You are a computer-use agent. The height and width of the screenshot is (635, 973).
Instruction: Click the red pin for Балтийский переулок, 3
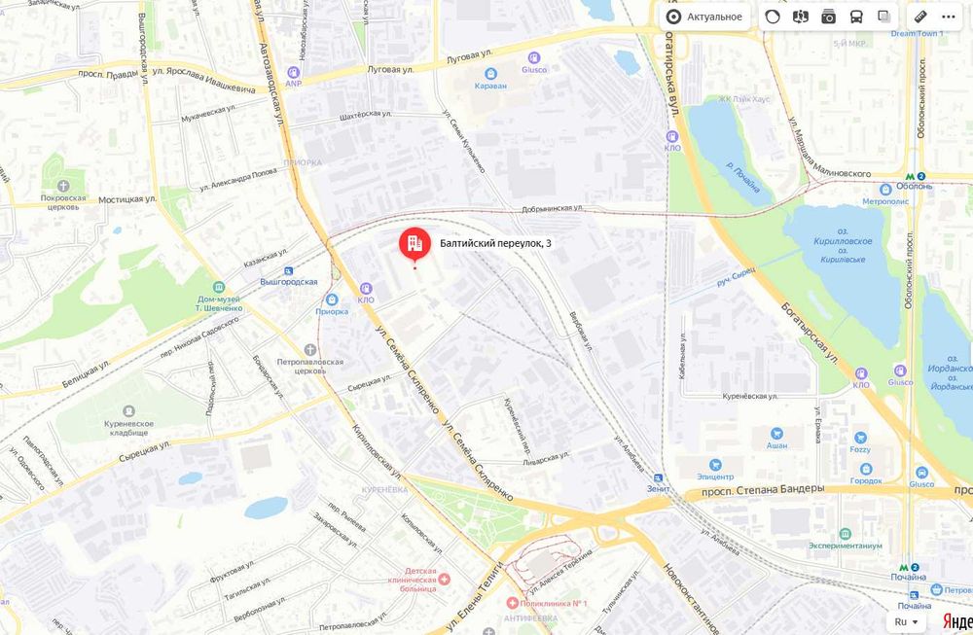click(414, 243)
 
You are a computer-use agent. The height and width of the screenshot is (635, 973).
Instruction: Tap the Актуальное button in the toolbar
click(704, 17)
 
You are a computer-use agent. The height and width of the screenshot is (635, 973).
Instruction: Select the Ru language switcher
click(906, 621)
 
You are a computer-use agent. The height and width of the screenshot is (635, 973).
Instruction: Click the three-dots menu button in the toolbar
click(948, 17)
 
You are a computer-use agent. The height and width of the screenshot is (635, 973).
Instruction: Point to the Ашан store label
click(776, 444)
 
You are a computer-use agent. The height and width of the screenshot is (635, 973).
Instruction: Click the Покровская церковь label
click(63, 202)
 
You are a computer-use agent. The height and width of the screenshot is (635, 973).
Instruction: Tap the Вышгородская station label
click(289, 281)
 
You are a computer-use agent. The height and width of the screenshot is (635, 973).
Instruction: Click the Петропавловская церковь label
click(309, 367)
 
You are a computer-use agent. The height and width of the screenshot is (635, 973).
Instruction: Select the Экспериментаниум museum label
click(844, 546)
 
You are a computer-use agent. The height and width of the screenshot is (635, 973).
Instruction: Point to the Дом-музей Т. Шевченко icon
click(217, 288)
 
